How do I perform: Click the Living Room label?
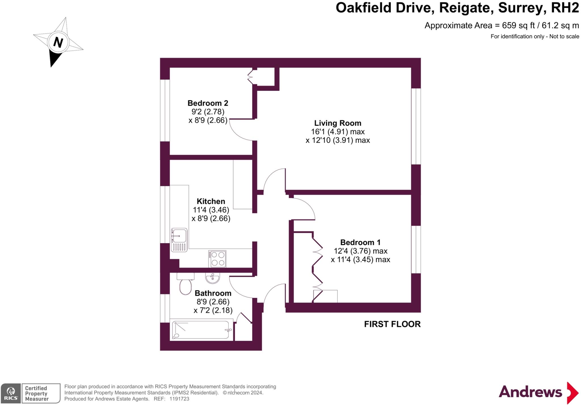click(x=338, y=123)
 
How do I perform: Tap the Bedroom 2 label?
click(x=208, y=103)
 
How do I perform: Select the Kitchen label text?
click(x=211, y=201)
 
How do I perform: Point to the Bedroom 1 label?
click(x=360, y=243)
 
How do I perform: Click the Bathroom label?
click(x=213, y=293)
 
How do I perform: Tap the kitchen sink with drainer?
click(x=179, y=240)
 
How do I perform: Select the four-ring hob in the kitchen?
click(x=217, y=259)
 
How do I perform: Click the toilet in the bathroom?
click(x=186, y=284)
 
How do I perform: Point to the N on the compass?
click(x=58, y=43)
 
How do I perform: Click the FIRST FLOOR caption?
click(x=392, y=324)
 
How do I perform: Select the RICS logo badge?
click(x=11, y=393)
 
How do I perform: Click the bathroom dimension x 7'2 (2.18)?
click(x=213, y=310)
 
